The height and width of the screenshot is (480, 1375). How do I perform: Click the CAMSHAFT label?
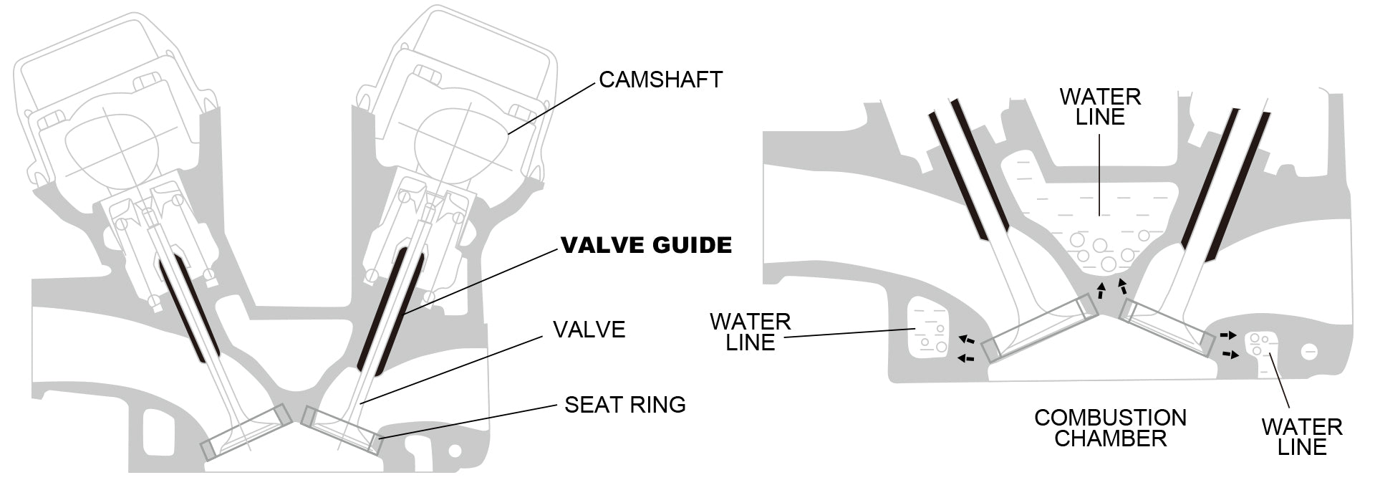coord(660,80)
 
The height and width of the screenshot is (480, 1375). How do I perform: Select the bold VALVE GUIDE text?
coord(646,246)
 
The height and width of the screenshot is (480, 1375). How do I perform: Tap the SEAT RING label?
coord(624,405)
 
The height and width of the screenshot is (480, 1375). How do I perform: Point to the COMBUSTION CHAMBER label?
coord(1110,428)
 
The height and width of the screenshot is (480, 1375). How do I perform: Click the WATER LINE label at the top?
coord(1100,107)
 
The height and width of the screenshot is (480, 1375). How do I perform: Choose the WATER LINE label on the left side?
coord(751,332)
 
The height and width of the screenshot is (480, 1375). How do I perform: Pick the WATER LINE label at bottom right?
coord(1301,437)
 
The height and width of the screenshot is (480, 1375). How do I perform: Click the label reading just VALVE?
coord(589,330)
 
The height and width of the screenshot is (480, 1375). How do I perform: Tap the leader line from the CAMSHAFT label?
coord(551,107)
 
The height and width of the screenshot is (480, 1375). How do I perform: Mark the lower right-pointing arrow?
coord(1227,354)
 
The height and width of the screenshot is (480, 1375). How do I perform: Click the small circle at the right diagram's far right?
coord(1310,352)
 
